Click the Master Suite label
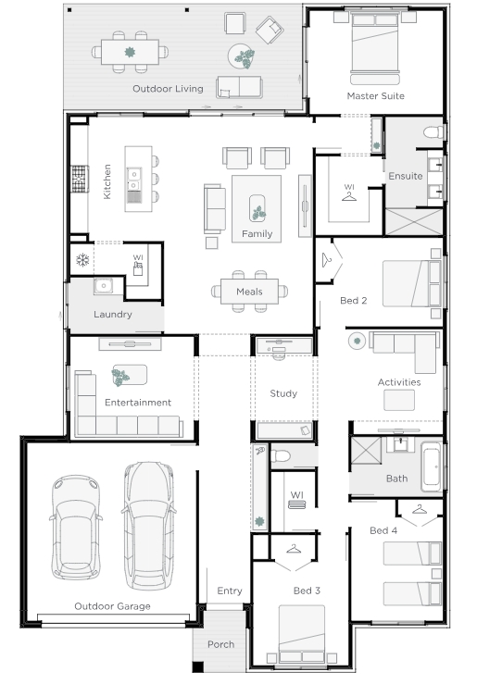pyautogui.click(x=375, y=96)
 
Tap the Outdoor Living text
pyautogui.click(x=168, y=89)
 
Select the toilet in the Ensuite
pyautogui.click(x=433, y=132)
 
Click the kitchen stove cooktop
pyautogui.click(x=80, y=179)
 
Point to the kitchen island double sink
pyautogui.click(x=134, y=180)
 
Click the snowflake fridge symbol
pyautogui.click(x=82, y=260)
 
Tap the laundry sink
pyautogui.click(x=104, y=286)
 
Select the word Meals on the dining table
pyautogui.click(x=249, y=292)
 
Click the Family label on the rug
pyautogui.click(x=257, y=234)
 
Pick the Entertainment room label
pyautogui.click(x=138, y=403)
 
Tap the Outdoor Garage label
pyautogui.click(x=112, y=606)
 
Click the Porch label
pyautogui.click(x=220, y=644)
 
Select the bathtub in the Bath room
pyautogui.click(x=432, y=467)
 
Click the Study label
pyautogui.click(x=283, y=393)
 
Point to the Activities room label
pyautogui.click(x=399, y=382)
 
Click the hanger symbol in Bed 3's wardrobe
pyautogui.click(x=294, y=548)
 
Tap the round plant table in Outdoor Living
pyautogui.click(x=242, y=56)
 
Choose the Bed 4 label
pyautogui.click(x=383, y=530)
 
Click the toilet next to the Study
pyautogui.click(x=280, y=456)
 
